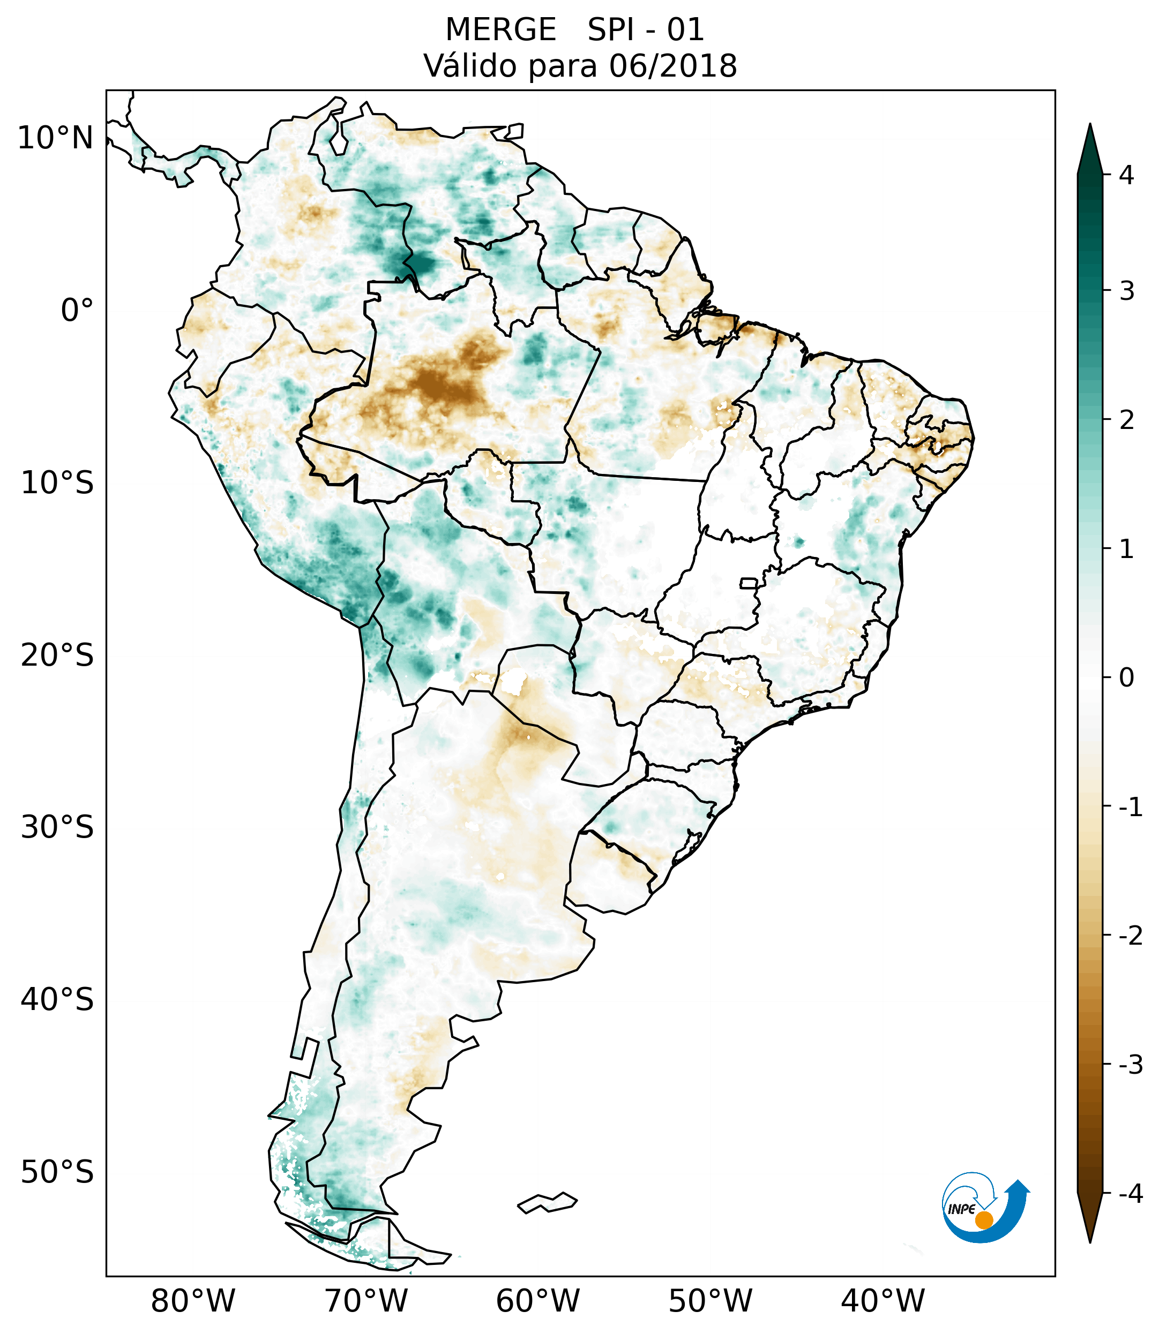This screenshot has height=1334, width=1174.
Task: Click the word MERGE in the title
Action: coord(501,30)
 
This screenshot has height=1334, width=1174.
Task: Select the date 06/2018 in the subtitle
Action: coord(673,66)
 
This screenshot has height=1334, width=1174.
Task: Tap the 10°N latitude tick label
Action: coord(56,138)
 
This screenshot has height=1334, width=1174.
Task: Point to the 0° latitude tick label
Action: coord(77,311)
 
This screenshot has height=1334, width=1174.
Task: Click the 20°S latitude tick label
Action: coord(57,655)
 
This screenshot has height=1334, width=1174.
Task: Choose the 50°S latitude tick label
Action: coord(57,1173)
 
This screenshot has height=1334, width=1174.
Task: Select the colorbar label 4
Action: coord(1126,175)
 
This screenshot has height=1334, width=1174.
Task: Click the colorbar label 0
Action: coord(1126,678)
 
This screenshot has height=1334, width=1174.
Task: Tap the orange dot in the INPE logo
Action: coord(984,1220)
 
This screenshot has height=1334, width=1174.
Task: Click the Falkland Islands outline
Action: coord(547,1203)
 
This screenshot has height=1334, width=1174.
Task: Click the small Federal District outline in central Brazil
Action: coord(749,583)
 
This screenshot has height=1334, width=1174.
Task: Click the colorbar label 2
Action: coord(1126,420)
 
